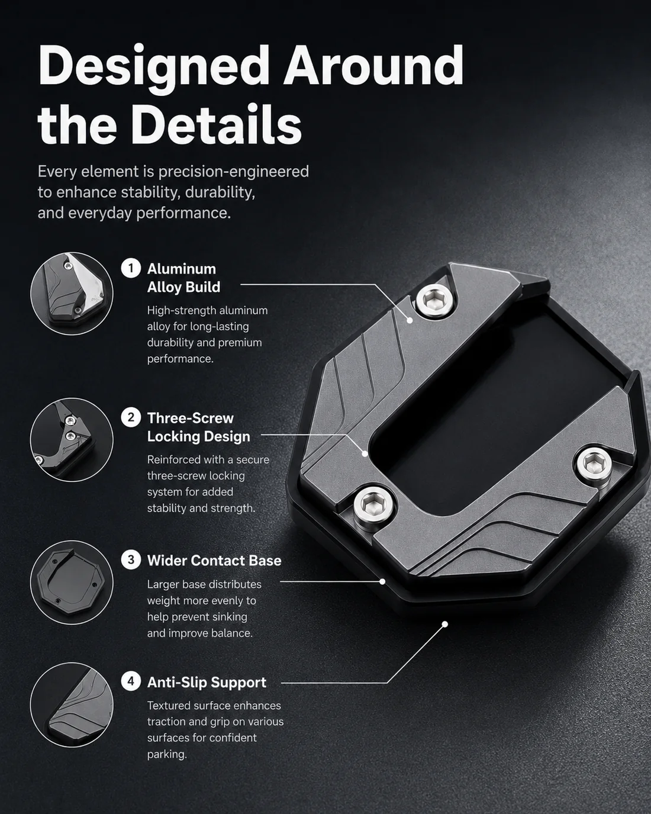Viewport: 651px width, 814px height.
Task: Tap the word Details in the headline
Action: click(217, 125)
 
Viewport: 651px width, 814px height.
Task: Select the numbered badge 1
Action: click(131, 268)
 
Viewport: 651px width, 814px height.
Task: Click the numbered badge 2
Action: click(131, 417)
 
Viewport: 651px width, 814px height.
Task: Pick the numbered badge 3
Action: click(131, 560)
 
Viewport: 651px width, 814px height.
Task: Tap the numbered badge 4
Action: click(131, 681)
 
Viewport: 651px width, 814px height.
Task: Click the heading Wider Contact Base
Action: click(214, 561)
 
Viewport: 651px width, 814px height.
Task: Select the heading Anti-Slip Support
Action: click(207, 683)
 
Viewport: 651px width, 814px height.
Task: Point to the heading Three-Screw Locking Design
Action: click(199, 427)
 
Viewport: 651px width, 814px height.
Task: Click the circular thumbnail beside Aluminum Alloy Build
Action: click(72, 294)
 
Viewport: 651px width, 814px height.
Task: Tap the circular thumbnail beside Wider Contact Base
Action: click(72, 582)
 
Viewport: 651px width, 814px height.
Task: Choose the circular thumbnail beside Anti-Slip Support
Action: click(72, 704)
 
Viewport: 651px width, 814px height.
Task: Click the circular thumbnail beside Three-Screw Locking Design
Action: click(72, 440)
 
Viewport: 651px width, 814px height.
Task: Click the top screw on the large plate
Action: click(436, 301)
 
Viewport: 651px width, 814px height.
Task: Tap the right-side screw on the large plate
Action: click(594, 464)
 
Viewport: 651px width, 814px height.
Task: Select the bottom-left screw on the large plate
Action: click(373, 504)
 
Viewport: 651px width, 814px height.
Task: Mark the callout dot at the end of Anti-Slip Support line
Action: click(445, 624)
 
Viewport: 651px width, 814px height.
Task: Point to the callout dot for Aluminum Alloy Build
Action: click(410, 320)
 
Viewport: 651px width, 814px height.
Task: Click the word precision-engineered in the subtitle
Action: click(233, 172)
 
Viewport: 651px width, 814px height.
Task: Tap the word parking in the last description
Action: click(167, 754)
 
